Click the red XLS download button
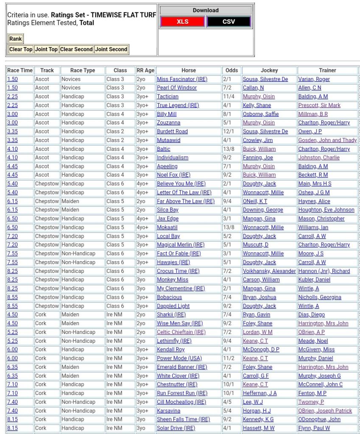coord(182,22)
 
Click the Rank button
coord(16,39)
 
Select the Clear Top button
coord(21,50)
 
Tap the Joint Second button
coord(111,50)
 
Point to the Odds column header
coord(232,70)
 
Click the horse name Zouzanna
coord(168,123)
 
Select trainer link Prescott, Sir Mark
coord(319,106)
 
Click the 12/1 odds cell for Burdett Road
coord(232,131)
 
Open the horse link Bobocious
coord(169,298)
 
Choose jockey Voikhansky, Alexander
coord(269,271)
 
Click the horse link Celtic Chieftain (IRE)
coord(181,332)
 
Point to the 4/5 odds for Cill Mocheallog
coord(232,402)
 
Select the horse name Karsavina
coord(168,411)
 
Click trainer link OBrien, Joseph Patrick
coord(325,411)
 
